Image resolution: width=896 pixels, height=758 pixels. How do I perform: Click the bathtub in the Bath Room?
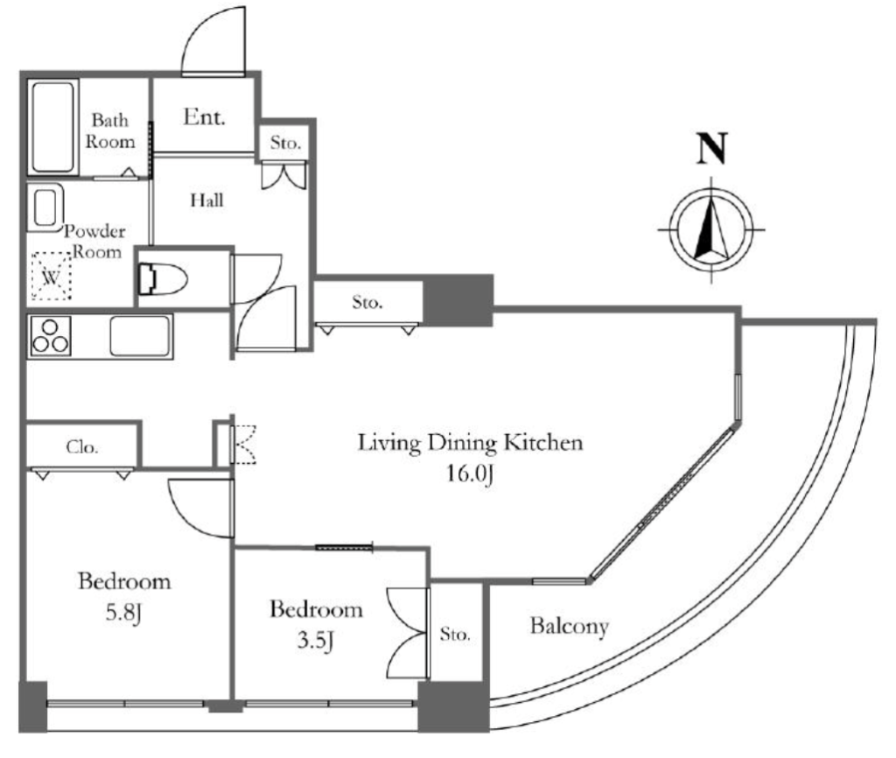click(x=53, y=127)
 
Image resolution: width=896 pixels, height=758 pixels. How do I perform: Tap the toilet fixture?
click(x=163, y=279)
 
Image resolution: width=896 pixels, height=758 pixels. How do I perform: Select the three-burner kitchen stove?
click(x=50, y=336)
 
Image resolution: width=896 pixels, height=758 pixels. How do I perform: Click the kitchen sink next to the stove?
click(x=141, y=336)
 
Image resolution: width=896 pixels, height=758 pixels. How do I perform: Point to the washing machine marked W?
click(x=52, y=276)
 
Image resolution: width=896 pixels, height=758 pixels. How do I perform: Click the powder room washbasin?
click(x=45, y=207)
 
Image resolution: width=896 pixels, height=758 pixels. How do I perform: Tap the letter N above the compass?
click(x=712, y=149)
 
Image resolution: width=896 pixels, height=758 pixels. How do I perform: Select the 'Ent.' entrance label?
click(x=204, y=117)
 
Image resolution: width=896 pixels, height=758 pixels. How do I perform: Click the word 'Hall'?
click(x=206, y=200)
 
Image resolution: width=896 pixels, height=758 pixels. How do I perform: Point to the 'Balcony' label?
click(x=569, y=626)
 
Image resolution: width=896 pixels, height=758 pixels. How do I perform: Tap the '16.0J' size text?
click(x=470, y=474)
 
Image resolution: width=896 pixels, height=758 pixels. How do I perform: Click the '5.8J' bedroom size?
click(x=123, y=614)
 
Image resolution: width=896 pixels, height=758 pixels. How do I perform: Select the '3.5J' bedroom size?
click(x=315, y=641)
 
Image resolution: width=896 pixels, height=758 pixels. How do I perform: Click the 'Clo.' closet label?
click(x=82, y=447)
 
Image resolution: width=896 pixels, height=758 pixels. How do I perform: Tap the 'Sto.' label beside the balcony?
click(x=455, y=634)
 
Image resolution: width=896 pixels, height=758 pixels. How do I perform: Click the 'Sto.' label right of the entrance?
click(x=285, y=143)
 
